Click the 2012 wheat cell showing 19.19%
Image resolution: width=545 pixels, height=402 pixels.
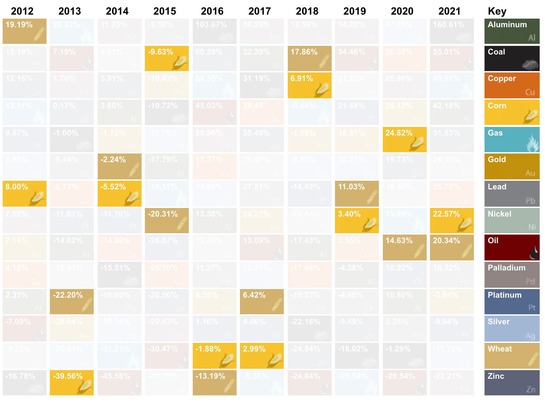coord(25,31)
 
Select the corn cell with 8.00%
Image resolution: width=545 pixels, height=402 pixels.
coord(25,193)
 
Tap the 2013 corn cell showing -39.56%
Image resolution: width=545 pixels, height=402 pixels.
coord(72,383)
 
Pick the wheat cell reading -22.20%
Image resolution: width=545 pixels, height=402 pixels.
coord(72,302)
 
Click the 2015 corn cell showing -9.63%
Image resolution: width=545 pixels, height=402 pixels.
coord(167,58)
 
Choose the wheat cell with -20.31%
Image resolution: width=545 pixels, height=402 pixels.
coord(167,221)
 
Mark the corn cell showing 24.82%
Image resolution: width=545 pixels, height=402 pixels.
coord(404,140)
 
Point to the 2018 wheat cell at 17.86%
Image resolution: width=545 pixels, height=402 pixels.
coord(309,58)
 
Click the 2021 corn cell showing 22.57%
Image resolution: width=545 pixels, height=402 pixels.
coord(452,221)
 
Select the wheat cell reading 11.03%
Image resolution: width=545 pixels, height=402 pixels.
coord(357,193)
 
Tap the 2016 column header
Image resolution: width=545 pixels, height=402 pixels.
coord(212,11)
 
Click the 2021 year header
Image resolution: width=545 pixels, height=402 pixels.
coord(449,11)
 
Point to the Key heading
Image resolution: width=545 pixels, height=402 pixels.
coord(497,11)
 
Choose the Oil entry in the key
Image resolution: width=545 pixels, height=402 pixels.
coord(512,248)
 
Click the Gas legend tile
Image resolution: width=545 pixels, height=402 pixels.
coord(512,140)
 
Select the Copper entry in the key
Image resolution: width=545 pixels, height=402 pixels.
coord(512,86)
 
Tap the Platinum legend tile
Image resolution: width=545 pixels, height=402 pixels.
coord(512,302)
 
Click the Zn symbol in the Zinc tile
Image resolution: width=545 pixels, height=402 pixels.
coord(530,389)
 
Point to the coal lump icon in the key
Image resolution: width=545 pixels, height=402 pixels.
coord(530,64)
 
